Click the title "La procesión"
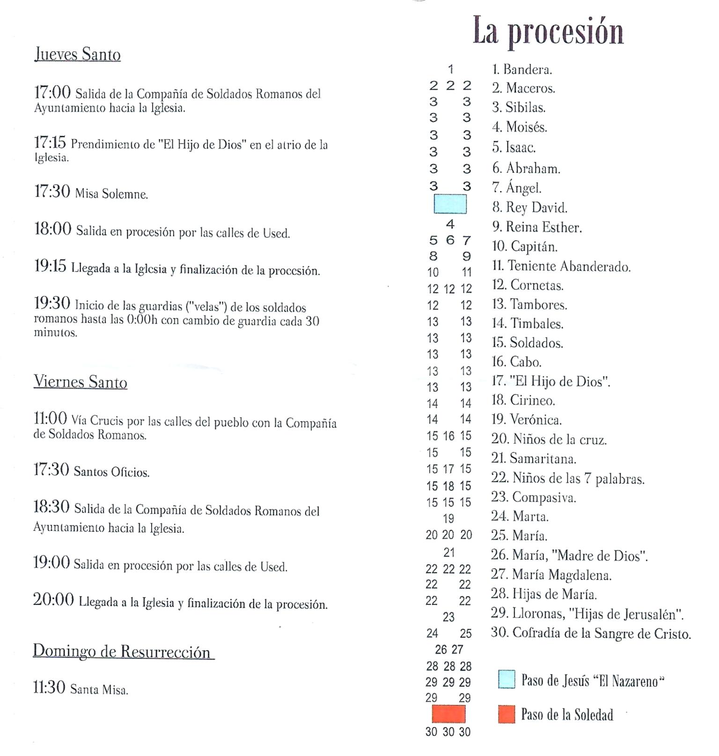coord(548,31)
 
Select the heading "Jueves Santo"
coord(77,54)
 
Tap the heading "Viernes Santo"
coord(80,382)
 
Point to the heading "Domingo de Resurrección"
coord(123,651)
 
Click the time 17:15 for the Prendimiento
coord(50,143)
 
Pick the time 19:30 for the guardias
coord(52,304)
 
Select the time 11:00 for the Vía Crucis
coord(50,418)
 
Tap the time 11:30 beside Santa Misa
coord(49,687)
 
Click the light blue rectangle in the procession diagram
coord(450,204)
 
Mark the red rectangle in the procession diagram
coord(448,714)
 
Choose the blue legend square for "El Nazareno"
coord(506,679)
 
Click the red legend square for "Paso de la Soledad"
coord(506,714)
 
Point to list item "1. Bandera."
coord(522,70)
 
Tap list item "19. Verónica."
coord(526,419)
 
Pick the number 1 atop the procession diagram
coord(450,69)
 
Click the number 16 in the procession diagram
coord(448,436)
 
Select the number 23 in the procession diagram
coord(448,617)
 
